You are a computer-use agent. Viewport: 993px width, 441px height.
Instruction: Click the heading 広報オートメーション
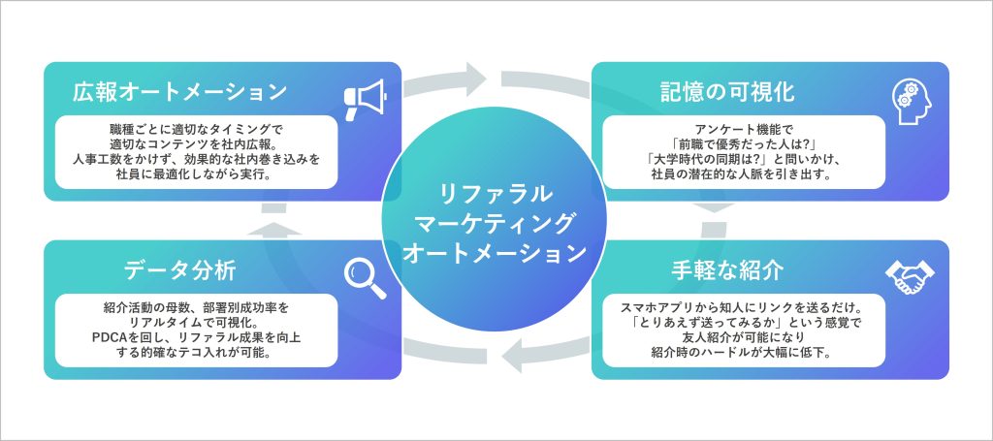coord(180,92)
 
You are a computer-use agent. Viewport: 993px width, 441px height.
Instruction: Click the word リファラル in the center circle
coord(496,191)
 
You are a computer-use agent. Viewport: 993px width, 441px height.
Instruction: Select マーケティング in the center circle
coord(496,222)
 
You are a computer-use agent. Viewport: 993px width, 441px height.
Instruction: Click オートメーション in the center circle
coord(496,253)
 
